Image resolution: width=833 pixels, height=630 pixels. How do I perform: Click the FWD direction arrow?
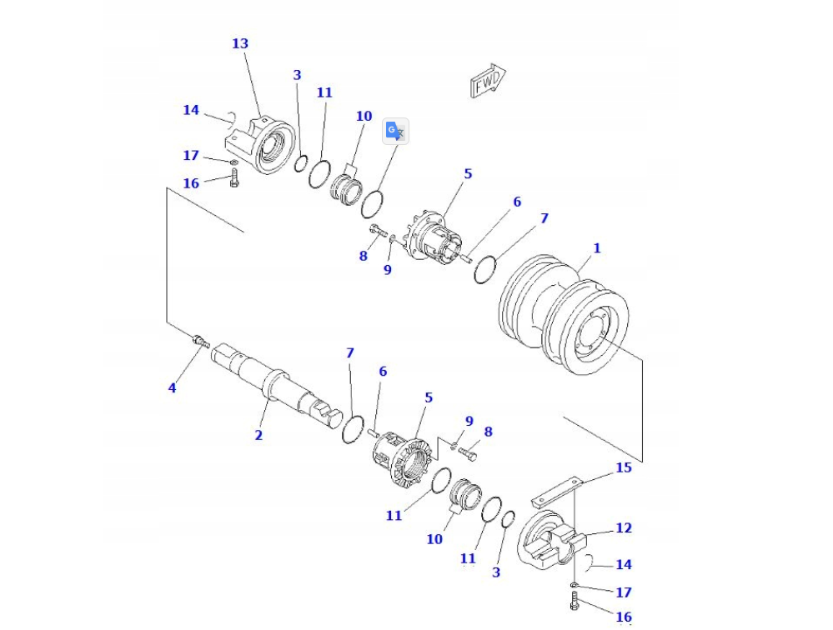tap(488, 81)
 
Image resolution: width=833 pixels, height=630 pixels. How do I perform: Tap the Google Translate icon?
tap(395, 132)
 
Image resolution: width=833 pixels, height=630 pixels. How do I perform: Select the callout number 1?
tap(596, 248)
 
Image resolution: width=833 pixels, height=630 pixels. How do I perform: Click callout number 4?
tap(173, 387)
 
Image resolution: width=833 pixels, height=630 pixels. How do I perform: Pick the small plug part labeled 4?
tap(200, 341)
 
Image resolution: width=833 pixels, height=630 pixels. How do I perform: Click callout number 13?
tap(240, 43)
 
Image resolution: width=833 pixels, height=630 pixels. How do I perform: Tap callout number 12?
tap(624, 527)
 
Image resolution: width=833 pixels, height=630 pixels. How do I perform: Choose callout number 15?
tap(624, 467)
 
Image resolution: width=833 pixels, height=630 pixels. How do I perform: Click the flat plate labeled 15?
tap(557, 492)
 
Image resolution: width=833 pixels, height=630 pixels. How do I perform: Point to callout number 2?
tap(258, 435)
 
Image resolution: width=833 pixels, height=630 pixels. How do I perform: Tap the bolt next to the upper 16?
tap(234, 176)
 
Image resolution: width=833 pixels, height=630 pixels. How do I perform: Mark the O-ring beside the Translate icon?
tap(373, 202)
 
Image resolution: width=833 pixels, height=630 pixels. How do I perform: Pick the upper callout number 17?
tap(191, 156)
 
